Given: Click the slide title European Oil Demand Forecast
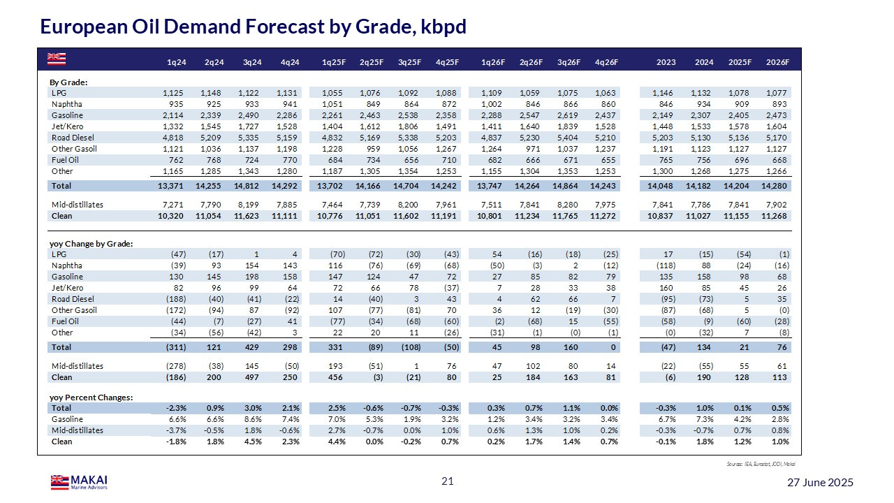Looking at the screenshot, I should point(253,27).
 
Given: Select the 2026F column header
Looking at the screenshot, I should point(777,62).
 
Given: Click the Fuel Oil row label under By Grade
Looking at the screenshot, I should point(66,160).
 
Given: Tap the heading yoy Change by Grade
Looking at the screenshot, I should point(91,244).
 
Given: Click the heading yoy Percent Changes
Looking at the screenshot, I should point(91,398).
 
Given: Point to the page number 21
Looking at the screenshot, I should point(447,481).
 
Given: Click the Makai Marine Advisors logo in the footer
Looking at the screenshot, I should point(78,481).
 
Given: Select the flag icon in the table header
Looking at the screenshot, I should point(56,57).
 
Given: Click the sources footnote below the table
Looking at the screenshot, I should point(761,464).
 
